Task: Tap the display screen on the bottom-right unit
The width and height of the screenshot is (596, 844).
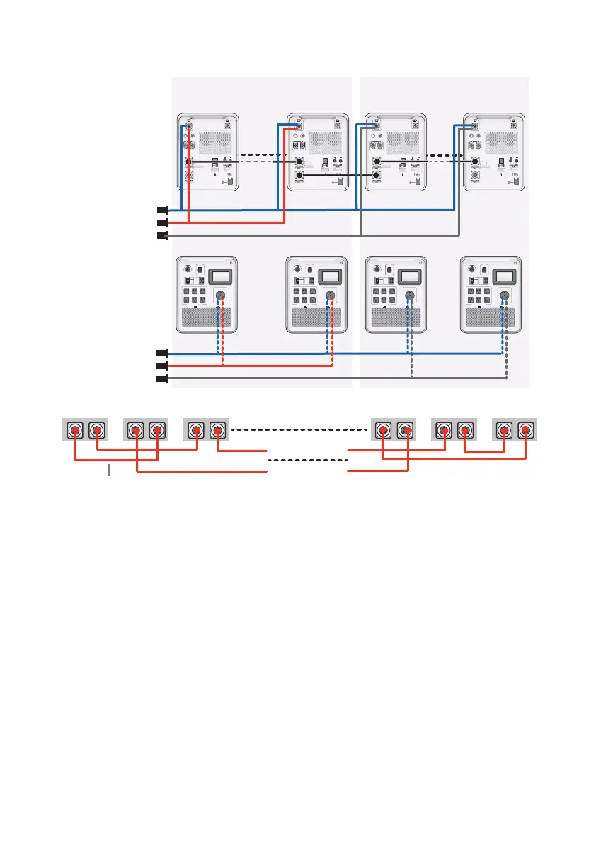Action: [x=503, y=276]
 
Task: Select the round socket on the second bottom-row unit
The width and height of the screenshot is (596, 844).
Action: [x=328, y=297]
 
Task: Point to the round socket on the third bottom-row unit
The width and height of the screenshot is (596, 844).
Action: [x=408, y=297]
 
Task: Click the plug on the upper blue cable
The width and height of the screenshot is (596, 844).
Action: [x=162, y=210]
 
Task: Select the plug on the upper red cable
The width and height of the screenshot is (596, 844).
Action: [x=162, y=223]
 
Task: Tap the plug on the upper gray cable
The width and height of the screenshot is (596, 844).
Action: [x=162, y=235]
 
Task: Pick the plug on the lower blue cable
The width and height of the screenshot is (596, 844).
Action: [x=162, y=353]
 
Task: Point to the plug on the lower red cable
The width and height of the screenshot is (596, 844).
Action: [x=162, y=366]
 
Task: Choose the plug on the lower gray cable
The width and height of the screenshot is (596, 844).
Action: [x=162, y=379]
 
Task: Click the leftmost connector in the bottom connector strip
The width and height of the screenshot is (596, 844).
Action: [x=74, y=430]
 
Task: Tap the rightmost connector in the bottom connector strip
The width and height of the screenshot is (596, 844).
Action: [x=525, y=430]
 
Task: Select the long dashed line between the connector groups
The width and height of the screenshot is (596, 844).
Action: [x=297, y=429]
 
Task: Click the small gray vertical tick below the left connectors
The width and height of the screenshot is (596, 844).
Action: [x=109, y=470]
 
